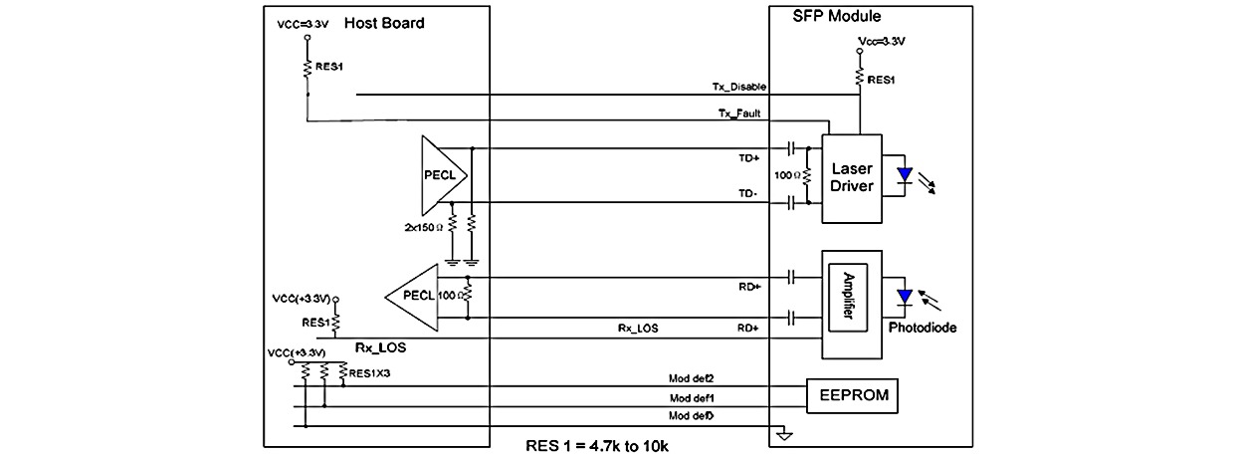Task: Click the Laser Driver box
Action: (x=851, y=178)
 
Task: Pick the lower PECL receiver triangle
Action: (x=412, y=296)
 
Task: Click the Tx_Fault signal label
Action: (x=739, y=114)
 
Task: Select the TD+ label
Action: (x=747, y=158)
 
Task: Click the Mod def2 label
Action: (x=691, y=379)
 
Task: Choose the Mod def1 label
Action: (x=691, y=397)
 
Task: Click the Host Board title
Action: (x=384, y=23)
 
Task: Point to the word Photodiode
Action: (x=923, y=327)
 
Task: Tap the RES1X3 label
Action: (x=372, y=373)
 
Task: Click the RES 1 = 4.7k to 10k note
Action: (x=597, y=444)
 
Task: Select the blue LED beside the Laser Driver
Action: (x=904, y=177)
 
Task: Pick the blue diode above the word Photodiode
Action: (x=904, y=297)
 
